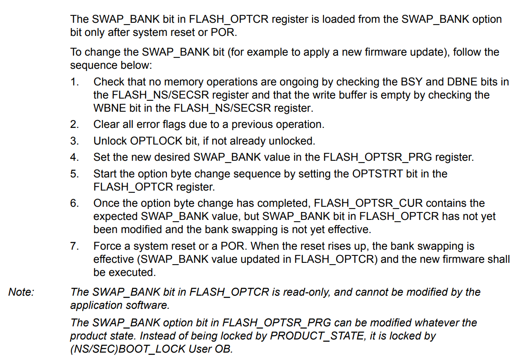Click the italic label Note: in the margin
click(x=21, y=292)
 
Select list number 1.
click(x=74, y=82)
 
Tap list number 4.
click(x=74, y=157)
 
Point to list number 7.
click(x=74, y=246)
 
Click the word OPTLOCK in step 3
click(x=153, y=141)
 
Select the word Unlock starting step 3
click(x=110, y=141)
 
